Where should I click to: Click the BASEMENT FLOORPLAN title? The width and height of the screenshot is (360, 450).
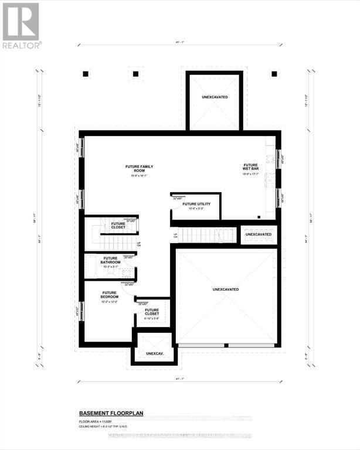pyautogui.click(x=111, y=412)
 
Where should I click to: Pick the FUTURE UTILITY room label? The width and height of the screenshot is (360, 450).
pyautogui.click(x=195, y=204)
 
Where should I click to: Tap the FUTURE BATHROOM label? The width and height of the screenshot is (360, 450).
pyautogui.click(x=110, y=261)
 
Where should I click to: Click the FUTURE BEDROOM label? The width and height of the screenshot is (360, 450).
pyautogui.click(x=110, y=295)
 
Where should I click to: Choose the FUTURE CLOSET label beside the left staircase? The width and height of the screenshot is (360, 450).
pyautogui.click(x=118, y=225)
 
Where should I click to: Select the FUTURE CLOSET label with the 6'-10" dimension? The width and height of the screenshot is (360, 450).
pyautogui.click(x=152, y=312)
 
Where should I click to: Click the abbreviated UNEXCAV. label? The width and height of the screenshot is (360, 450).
pyautogui.click(x=154, y=353)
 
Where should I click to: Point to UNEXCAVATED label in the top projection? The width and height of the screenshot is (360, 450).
pyautogui.click(x=215, y=97)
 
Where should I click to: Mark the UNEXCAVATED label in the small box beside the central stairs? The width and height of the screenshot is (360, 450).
pyautogui.click(x=259, y=234)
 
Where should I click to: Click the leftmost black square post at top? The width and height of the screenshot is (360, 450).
pyautogui.click(x=86, y=74)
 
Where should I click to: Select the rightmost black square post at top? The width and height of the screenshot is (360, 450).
pyautogui.click(x=274, y=74)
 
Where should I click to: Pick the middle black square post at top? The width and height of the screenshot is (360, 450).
pyautogui.click(x=135, y=74)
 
